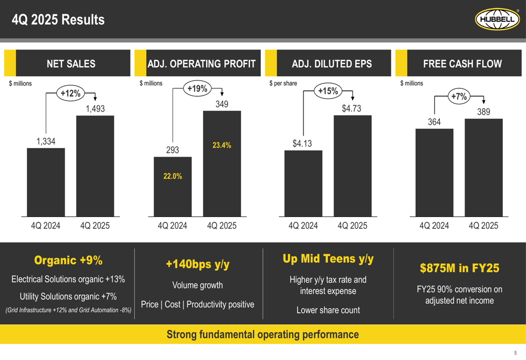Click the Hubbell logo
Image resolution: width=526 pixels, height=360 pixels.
click(497, 19)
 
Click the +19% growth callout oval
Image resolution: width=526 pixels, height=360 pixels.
click(197, 89)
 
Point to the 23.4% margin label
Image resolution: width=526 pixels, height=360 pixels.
click(221, 146)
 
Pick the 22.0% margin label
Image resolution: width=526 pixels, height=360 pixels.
click(173, 177)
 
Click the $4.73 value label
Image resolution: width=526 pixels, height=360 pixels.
click(351, 109)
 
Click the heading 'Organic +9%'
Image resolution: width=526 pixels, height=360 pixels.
click(68, 261)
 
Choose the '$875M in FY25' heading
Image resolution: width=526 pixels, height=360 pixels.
click(459, 269)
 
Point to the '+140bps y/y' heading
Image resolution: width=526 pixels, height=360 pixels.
click(198, 264)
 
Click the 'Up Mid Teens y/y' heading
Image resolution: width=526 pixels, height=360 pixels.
click(328, 259)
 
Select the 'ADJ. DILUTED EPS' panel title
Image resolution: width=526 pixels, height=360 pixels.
click(331, 64)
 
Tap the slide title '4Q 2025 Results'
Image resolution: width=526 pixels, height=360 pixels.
click(58, 20)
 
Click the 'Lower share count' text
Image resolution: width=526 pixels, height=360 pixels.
click(328, 310)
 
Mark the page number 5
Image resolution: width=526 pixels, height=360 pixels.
click(515, 353)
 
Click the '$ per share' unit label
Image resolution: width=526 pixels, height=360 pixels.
click(283, 83)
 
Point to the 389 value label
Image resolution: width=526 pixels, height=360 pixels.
click(483, 112)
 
